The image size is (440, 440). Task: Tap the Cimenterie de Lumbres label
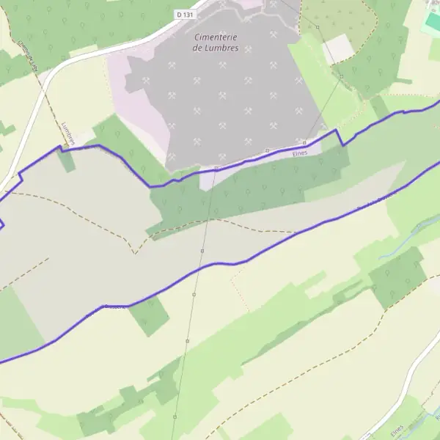click(x=218, y=42)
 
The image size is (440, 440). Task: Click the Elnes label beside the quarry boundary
click(x=298, y=153)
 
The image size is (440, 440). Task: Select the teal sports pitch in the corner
click(x=433, y=21)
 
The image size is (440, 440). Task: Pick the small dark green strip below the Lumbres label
click(x=67, y=161)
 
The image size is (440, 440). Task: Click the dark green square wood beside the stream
click(x=397, y=277)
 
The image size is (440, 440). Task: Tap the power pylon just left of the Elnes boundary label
click(x=268, y=151)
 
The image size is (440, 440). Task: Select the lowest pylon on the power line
click(x=175, y=417)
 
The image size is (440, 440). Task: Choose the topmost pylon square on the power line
click(x=318, y=27)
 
